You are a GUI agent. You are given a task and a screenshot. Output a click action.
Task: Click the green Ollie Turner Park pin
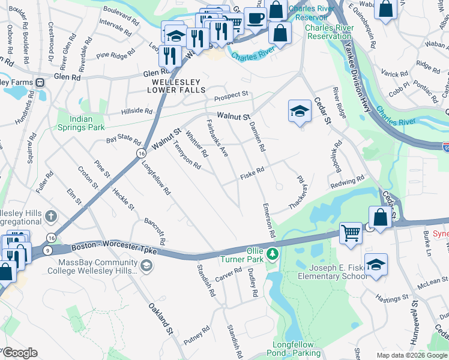273,254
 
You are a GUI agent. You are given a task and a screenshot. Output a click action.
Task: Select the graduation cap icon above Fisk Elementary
375,265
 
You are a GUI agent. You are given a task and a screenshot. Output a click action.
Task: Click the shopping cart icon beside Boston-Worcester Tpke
351,233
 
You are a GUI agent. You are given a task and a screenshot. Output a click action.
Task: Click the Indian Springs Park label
80,123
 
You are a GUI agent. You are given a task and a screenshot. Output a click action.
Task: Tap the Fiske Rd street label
252,173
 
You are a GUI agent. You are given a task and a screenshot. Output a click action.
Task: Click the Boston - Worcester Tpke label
113,248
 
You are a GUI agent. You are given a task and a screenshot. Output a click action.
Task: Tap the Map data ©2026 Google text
411,355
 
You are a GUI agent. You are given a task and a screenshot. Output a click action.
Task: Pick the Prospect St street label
232,95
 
